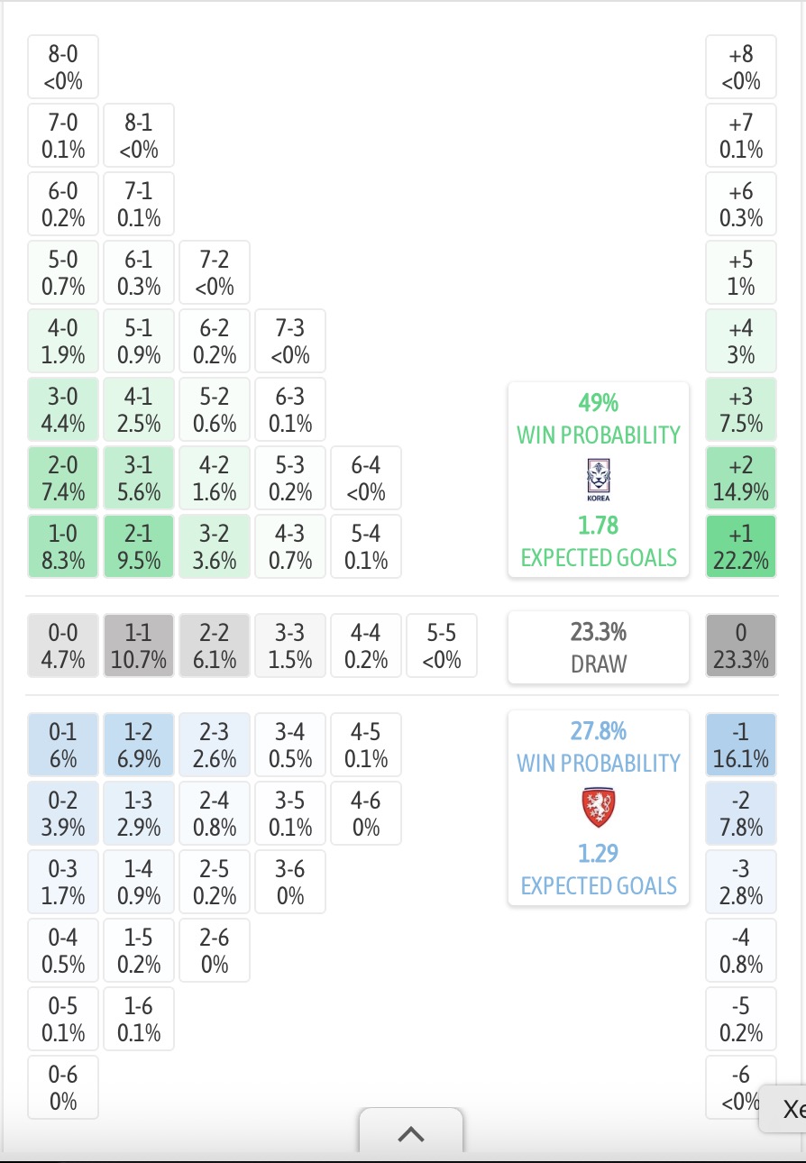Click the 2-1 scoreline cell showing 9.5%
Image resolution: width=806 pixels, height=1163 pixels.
click(x=139, y=546)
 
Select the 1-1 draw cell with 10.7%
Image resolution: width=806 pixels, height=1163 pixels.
click(x=139, y=646)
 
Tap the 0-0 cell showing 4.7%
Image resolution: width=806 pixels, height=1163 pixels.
click(x=63, y=646)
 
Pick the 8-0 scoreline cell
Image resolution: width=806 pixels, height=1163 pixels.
click(x=63, y=67)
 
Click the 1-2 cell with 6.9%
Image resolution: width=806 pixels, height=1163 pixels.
click(x=139, y=745)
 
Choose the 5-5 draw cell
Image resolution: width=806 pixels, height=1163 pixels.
click(x=442, y=646)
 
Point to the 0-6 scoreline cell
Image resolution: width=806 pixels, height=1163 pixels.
click(x=63, y=1087)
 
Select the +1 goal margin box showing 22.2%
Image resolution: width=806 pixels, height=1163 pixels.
click(x=740, y=546)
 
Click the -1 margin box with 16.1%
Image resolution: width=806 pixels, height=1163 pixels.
click(x=740, y=745)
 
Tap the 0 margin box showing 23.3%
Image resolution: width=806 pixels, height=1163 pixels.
click(x=740, y=646)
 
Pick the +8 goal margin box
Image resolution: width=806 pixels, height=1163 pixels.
click(x=740, y=67)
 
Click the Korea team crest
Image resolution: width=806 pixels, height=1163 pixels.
click(x=599, y=480)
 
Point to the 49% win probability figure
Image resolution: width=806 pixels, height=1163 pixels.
click(x=599, y=403)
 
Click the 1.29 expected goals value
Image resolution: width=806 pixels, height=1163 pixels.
click(x=599, y=853)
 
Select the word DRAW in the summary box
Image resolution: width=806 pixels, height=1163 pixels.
click(x=599, y=664)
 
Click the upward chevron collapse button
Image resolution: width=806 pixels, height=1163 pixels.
click(x=411, y=1134)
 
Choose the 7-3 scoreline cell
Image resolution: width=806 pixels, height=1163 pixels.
click(x=290, y=341)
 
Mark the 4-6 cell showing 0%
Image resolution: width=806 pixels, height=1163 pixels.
click(x=366, y=813)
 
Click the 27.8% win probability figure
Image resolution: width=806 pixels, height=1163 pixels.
click(x=599, y=731)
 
